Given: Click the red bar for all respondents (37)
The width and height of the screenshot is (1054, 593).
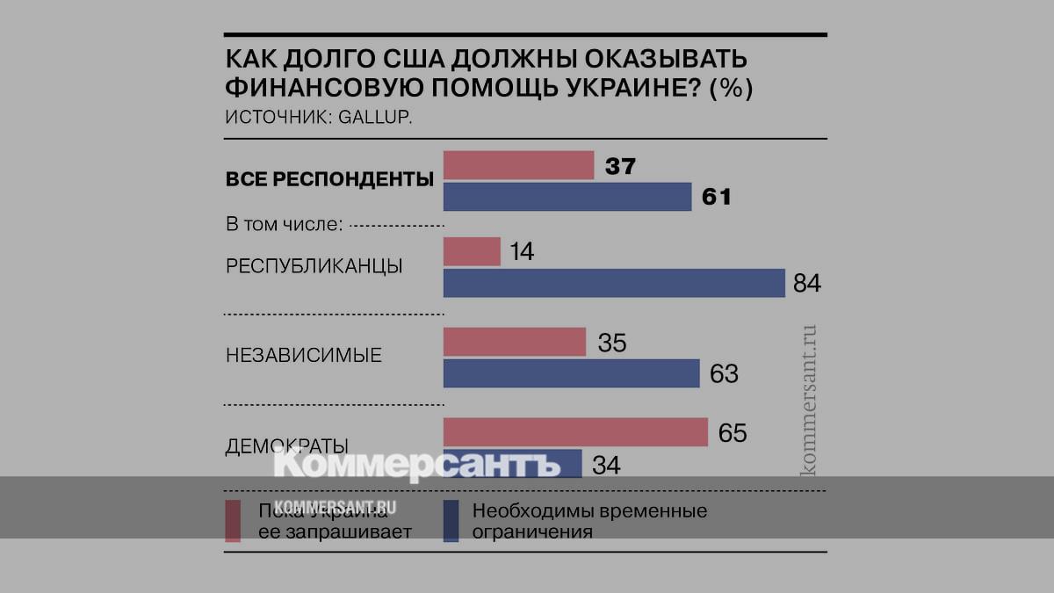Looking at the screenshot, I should [x=518, y=165].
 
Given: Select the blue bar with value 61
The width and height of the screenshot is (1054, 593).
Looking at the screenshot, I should [x=567, y=197].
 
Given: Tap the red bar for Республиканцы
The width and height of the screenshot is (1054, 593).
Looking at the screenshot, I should [x=472, y=252].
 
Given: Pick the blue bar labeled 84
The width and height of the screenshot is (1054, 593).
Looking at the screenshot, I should [x=613, y=283].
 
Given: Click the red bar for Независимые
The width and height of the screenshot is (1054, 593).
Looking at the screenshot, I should [x=514, y=343].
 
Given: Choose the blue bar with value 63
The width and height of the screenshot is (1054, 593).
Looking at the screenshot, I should [x=571, y=373].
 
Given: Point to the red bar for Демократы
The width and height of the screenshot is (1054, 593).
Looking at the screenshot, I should [x=575, y=432].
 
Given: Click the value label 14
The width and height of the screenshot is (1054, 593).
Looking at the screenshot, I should [x=521, y=252].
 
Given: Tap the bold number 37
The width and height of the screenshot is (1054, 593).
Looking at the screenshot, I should [x=620, y=166].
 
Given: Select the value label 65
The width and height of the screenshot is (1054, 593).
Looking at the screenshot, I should [x=732, y=433].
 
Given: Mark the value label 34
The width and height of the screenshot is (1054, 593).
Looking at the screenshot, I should [x=606, y=465].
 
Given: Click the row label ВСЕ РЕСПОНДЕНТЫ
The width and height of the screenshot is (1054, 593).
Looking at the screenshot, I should [x=329, y=180].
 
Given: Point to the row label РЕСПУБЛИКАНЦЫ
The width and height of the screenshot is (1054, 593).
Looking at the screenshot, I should [x=314, y=266].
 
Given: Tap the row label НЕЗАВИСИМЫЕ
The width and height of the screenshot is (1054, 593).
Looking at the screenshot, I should [x=304, y=356].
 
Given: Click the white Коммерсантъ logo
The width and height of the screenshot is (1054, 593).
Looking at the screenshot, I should [x=416, y=463].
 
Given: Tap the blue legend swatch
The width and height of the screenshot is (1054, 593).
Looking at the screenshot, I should [x=452, y=520].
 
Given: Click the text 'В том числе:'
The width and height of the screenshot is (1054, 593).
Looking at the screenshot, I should [x=284, y=225].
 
